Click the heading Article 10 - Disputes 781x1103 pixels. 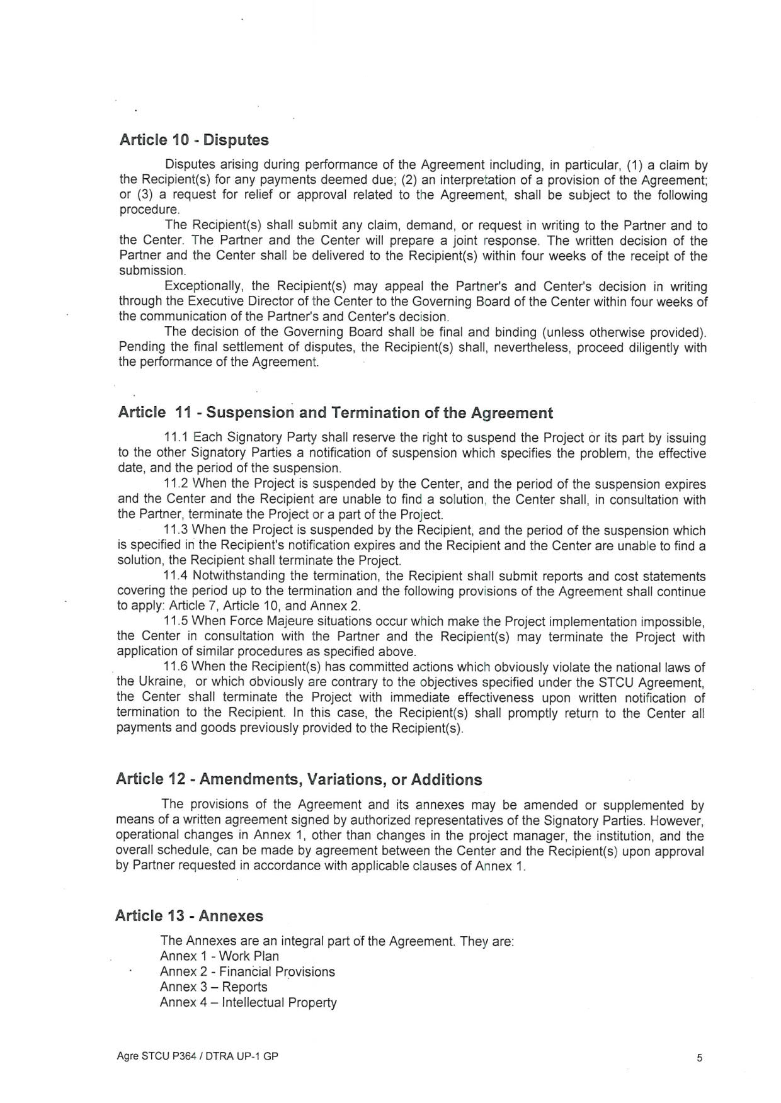click(x=194, y=140)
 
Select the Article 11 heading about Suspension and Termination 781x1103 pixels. click(x=335, y=413)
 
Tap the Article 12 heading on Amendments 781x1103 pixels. click(x=299, y=779)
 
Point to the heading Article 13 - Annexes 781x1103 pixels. click(x=189, y=916)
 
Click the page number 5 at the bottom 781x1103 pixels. click(x=700, y=1058)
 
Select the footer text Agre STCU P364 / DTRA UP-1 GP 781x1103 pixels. click(x=197, y=1057)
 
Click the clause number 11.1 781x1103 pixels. click(x=176, y=438)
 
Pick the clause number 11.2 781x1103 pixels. click(x=176, y=484)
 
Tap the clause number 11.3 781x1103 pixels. click(x=176, y=531)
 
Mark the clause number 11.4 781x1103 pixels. click(x=176, y=577)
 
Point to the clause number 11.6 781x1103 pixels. click(x=176, y=667)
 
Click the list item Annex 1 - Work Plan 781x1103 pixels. click(x=219, y=956)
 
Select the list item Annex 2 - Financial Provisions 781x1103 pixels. click(x=247, y=972)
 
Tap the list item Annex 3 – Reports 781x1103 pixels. click(x=214, y=987)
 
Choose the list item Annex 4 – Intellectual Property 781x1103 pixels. click(x=248, y=1003)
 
